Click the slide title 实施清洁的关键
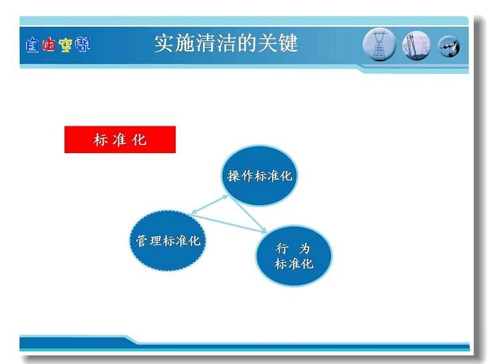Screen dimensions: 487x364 [x=226, y=43]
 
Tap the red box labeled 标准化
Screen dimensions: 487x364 [x=120, y=140]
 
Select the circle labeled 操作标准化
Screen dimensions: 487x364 [x=259, y=176]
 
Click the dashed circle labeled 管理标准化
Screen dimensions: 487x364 [x=168, y=240]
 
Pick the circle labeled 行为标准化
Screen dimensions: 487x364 [x=294, y=256]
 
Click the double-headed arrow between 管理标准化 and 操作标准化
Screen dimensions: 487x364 [x=210, y=204]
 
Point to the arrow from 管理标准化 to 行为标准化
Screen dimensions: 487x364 [x=229, y=223]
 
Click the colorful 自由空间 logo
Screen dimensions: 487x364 [x=58, y=45]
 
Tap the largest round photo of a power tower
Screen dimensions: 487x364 [x=379, y=44]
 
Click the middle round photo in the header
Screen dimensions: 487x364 [x=416, y=46]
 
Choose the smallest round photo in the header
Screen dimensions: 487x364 [x=449, y=47]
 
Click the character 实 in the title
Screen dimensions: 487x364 [x=164, y=43]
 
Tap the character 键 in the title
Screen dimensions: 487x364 [x=289, y=43]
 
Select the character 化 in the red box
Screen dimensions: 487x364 [x=139, y=140]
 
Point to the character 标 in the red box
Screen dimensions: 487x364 [x=100, y=140]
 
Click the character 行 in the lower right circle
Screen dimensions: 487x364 [x=282, y=248]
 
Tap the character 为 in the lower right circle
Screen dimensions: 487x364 [x=305, y=248]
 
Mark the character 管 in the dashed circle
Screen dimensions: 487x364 [x=142, y=241]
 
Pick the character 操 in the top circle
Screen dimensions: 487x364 [x=234, y=176]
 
